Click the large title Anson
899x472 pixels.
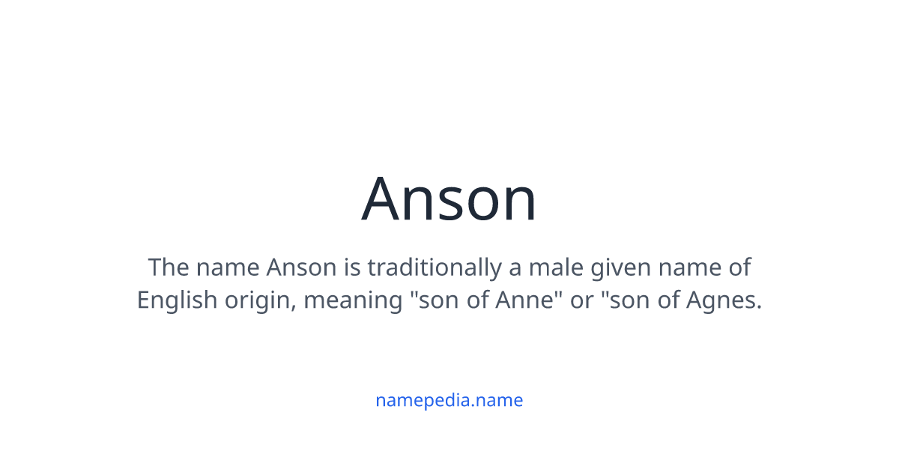click(449, 199)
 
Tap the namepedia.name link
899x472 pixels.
click(449, 400)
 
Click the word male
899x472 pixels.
click(562, 267)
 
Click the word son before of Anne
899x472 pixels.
click(438, 301)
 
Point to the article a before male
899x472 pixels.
click(518, 267)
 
